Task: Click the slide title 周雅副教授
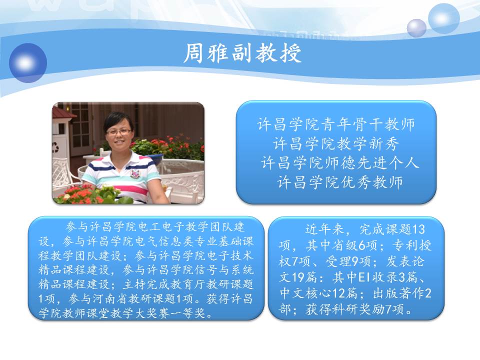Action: click(x=242, y=53)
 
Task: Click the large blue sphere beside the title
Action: click(x=28, y=63)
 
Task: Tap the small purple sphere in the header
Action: click(x=416, y=28)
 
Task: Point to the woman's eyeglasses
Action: click(x=118, y=132)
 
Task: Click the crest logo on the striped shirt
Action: click(x=134, y=173)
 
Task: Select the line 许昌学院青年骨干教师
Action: click(x=336, y=124)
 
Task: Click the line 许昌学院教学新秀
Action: click(x=336, y=143)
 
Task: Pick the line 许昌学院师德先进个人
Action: click(x=340, y=162)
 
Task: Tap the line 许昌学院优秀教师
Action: click(x=340, y=182)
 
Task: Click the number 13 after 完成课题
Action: click(x=418, y=229)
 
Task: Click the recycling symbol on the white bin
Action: click(x=55, y=147)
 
